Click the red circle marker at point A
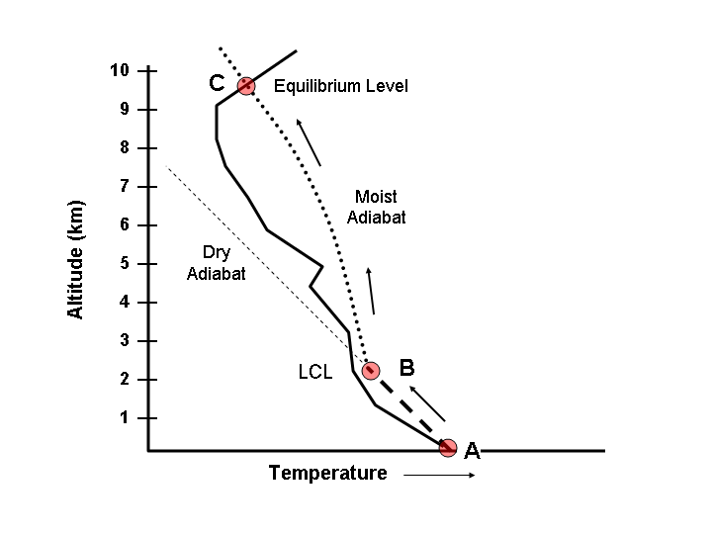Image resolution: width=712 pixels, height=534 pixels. tap(448, 448)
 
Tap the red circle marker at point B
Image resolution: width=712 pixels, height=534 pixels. tap(370, 371)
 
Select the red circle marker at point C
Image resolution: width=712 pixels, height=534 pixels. tap(245, 86)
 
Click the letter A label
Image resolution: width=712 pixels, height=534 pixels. tap(473, 451)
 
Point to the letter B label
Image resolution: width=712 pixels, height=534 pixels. tap(405, 368)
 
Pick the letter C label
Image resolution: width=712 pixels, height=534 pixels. tap(217, 83)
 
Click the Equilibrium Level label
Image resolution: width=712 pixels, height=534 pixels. tap(341, 86)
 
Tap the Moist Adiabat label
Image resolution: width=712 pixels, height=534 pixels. tap(377, 207)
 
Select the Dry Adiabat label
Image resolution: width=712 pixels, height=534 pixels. tap(217, 263)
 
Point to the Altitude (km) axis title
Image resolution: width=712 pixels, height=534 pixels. tap(76, 260)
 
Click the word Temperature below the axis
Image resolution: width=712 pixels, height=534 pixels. tap(328, 474)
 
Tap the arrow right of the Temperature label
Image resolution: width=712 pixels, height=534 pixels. tap(440, 475)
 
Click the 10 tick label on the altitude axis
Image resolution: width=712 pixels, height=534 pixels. tap(120, 70)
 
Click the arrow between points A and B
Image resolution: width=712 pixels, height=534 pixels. tap(428, 403)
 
